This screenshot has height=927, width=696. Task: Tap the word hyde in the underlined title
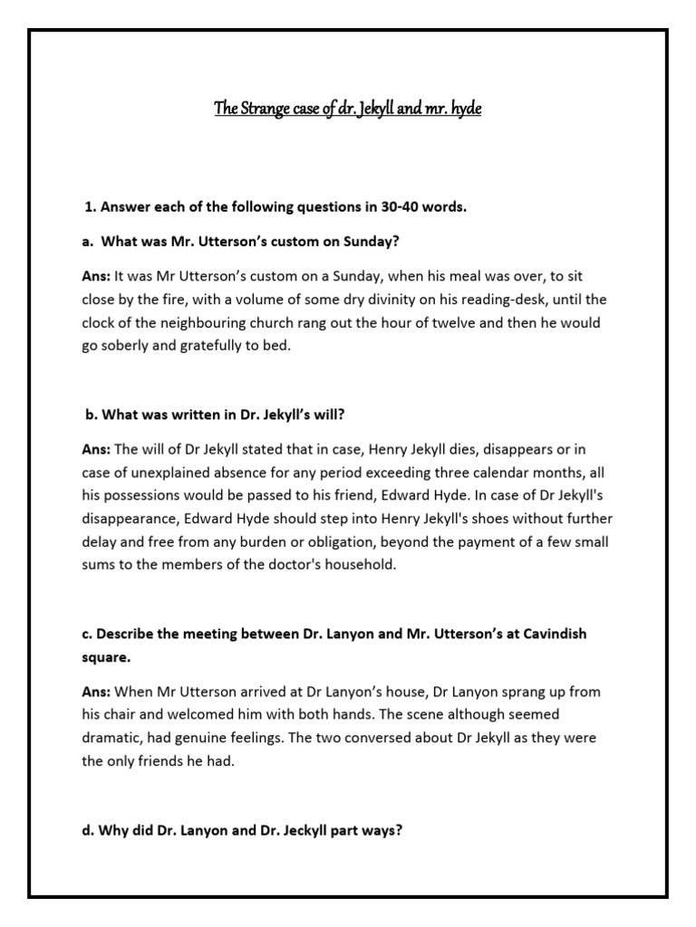[463, 110]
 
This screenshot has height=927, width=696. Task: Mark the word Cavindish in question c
[548, 635]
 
